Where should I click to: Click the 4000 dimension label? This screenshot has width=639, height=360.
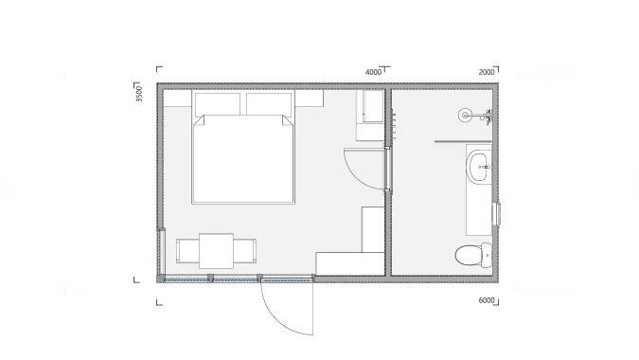pyautogui.click(x=373, y=72)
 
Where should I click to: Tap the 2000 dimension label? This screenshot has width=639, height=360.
pyautogui.click(x=487, y=72)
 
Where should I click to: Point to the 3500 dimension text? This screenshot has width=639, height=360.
pyautogui.click(x=139, y=94)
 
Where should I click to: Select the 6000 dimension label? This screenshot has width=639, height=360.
pyautogui.click(x=487, y=300)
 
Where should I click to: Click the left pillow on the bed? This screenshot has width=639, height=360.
pyautogui.click(x=218, y=104)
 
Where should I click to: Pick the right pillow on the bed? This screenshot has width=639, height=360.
pyautogui.click(x=269, y=104)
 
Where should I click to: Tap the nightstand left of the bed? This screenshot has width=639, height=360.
pyautogui.click(x=177, y=99)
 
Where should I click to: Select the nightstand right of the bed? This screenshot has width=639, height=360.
pyautogui.click(x=309, y=99)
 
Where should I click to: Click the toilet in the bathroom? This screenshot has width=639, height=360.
pyautogui.click(x=473, y=255)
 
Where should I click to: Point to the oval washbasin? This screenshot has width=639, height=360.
pyautogui.click(x=479, y=167)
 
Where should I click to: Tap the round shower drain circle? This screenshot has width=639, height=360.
pyautogui.click(x=465, y=116)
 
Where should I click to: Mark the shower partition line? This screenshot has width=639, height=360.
pyautogui.click(x=463, y=141)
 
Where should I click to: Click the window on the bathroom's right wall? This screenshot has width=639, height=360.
pyautogui.click(x=497, y=214)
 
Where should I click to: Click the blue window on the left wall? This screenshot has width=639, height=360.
pyautogui.click(x=160, y=252)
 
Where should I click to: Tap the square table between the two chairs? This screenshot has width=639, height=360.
pyautogui.click(x=217, y=251)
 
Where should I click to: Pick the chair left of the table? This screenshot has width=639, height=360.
pyautogui.click(x=187, y=251)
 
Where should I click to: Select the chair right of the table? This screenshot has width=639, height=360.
pyautogui.click(x=245, y=251)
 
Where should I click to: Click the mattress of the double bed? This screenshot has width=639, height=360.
pyautogui.click(x=243, y=159)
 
